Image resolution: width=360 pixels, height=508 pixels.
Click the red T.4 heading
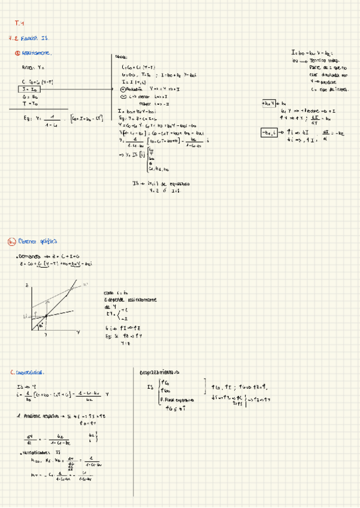pos(18,24)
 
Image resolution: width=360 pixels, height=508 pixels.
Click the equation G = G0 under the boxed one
pos(30,96)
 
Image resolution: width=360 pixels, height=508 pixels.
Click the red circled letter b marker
pos(11,242)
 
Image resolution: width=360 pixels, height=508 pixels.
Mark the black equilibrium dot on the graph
pos(46,316)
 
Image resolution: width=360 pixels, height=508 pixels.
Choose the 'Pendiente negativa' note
pos(43,415)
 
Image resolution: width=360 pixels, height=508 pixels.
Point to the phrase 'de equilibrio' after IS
pos(176,183)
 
